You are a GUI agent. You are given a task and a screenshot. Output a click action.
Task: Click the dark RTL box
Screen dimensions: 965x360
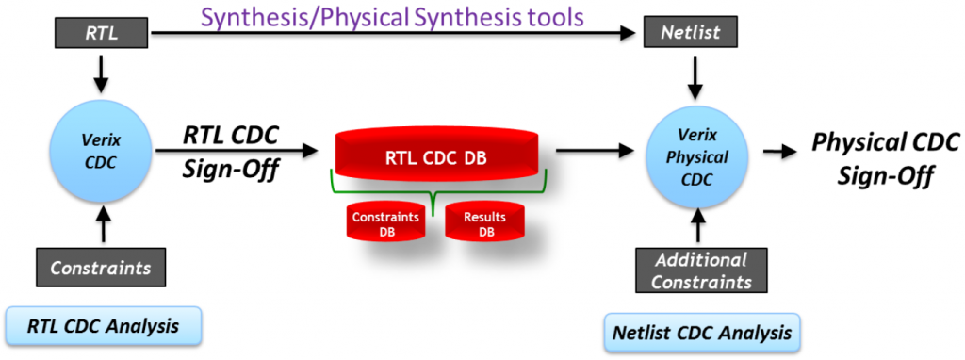click(x=102, y=33)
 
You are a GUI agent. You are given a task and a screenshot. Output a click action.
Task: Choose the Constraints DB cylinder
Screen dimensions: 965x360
click(x=385, y=223)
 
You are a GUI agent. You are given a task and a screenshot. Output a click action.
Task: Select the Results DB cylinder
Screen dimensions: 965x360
click(x=484, y=223)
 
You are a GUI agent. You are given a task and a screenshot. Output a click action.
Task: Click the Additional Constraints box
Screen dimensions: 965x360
click(x=701, y=270)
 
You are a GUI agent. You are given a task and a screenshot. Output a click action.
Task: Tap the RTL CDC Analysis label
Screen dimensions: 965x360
click(x=104, y=326)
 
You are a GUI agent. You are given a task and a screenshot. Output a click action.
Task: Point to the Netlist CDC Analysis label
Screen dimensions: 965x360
click(x=701, y=333)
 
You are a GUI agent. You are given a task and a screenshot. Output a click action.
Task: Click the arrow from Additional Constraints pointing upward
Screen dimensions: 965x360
click(x=697, y=226)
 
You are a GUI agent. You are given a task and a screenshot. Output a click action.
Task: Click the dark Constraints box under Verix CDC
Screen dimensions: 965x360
click(x=101, y=269)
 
